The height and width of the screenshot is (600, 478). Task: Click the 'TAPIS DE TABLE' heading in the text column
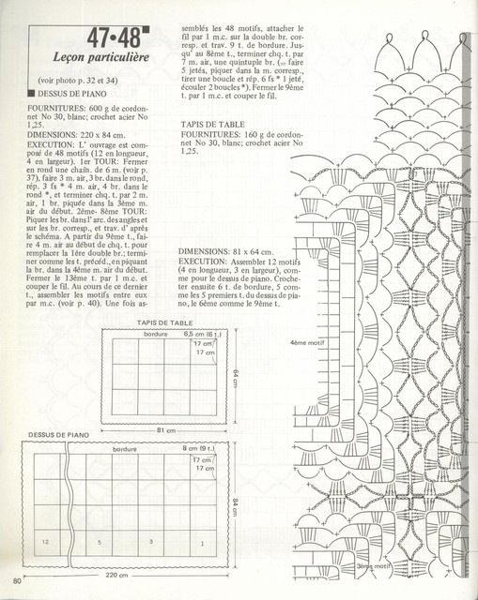[x=213, y=124]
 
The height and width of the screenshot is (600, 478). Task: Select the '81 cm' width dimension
[x=166, y=430]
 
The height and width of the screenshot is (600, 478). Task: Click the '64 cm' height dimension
[x=234, y=377]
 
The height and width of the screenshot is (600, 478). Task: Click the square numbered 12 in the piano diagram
[x=46, y=542]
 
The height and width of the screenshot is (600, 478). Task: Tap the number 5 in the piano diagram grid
[x=99, y=542]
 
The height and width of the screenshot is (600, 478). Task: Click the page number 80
[x=17, y=589]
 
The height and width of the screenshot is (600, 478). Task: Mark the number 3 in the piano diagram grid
[x=150, y=542]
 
